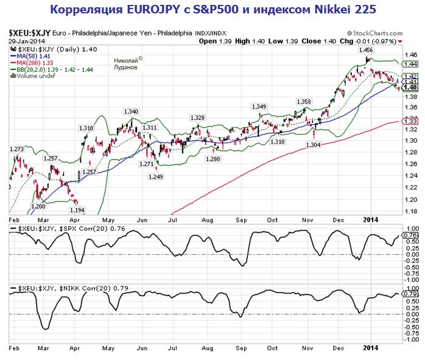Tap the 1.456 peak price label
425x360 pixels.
(366, 50)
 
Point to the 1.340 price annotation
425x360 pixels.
(131, 111)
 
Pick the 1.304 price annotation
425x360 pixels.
(313, 145)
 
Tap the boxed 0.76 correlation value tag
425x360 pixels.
(410, 234)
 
